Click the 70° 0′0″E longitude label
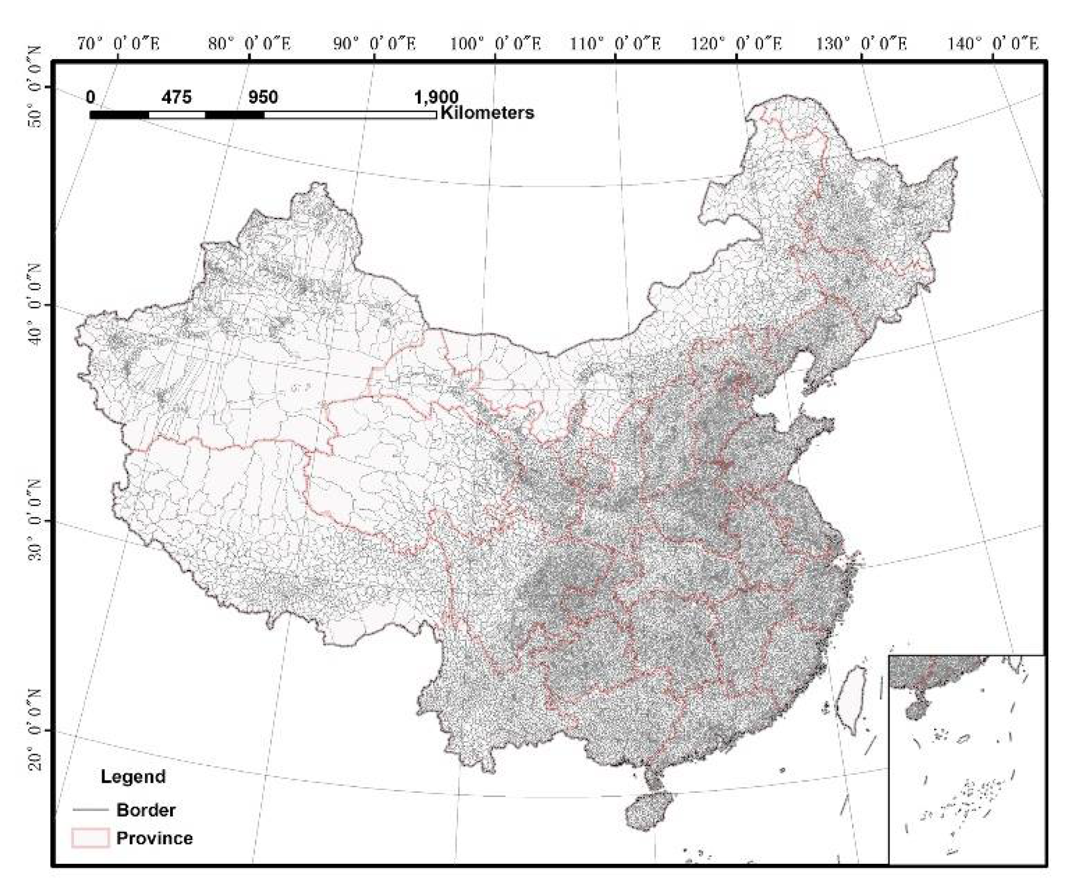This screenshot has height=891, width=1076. click(x=118, y=44)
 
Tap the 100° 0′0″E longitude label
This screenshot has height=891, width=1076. click(x=495, y=44)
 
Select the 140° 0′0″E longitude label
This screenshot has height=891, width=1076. click(x=993, y=44)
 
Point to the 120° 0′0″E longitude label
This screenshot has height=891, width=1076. click(x=736, y=44)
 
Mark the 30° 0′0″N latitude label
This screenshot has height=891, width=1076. click(x=36, y=521)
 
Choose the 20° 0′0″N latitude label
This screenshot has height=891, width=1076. click(x=36, y=730)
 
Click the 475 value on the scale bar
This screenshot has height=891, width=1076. click(x=176, y=98)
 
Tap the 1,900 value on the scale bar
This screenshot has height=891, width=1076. click(x=436, y=98)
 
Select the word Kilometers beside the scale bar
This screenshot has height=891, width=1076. click(x=487, y=113)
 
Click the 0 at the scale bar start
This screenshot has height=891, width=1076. click(x=91, y=98)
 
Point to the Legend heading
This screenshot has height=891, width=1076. click(x=133, y=776)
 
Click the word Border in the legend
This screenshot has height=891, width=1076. click(x=146, y=810)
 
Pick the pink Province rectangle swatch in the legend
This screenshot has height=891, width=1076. click(x=90, y=838)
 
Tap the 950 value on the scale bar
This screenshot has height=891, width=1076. click(x=263, y=98)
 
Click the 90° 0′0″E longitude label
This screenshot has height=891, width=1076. click(x=374, y=44)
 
